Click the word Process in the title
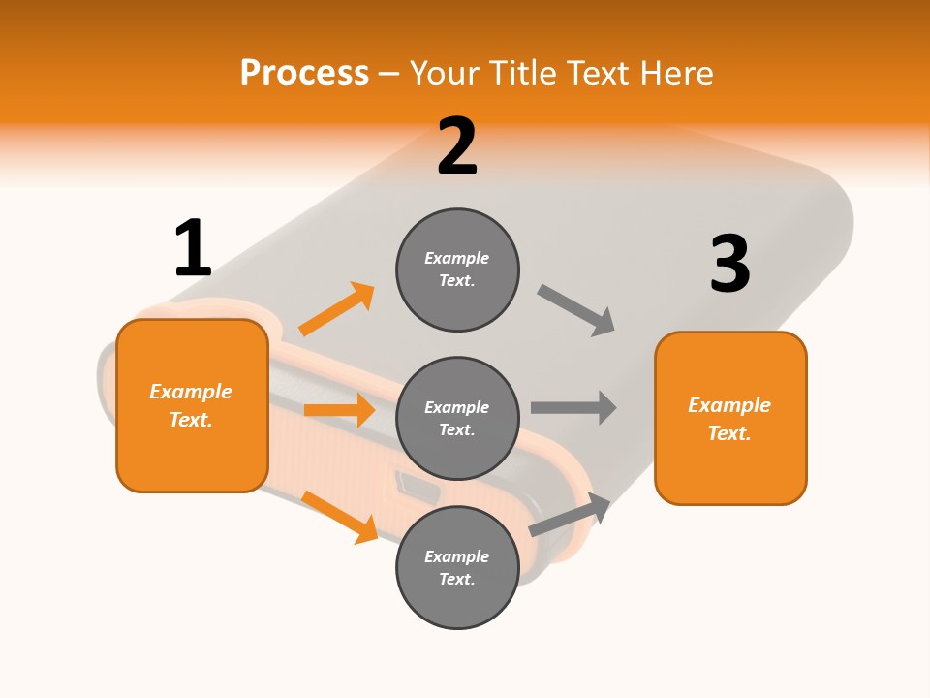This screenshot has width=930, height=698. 304,74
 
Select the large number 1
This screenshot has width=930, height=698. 193,249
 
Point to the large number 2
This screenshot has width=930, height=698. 457,146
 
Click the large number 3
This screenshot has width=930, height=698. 729,265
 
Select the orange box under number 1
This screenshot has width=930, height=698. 192,405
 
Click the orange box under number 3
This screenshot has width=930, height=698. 730,418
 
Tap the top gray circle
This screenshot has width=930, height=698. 457,270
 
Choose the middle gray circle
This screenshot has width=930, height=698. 457,418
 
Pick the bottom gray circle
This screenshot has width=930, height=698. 457,567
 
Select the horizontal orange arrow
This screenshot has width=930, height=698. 339,410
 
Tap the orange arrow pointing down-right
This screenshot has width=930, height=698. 340,517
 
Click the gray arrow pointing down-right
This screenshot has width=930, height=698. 576,310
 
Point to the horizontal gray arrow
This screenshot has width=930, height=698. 573,407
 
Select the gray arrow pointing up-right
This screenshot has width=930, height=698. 571,514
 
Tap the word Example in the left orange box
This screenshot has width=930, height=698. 191,392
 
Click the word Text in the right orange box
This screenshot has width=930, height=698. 728,433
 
